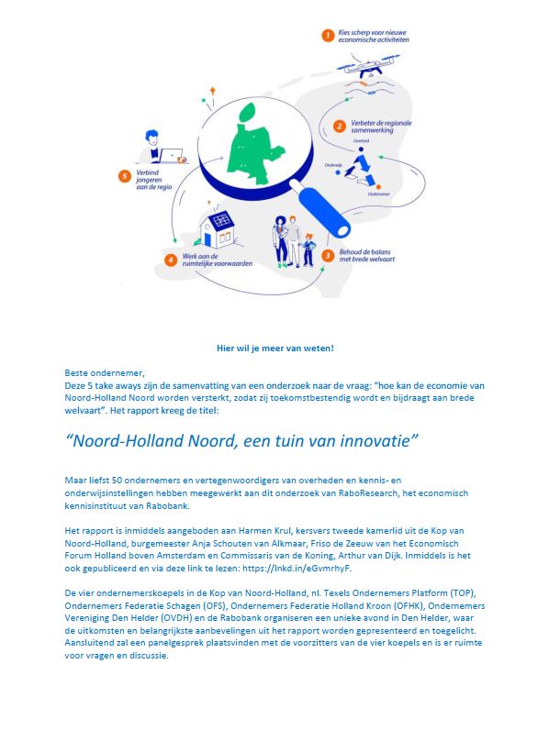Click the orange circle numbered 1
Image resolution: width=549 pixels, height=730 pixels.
pos(326,36)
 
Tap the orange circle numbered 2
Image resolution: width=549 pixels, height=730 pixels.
pos(339,126)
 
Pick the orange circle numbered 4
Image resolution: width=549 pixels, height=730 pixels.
pos(170,260)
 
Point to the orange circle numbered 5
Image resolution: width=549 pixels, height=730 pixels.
pos(125,175)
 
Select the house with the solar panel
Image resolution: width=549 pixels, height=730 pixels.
pos(218,230)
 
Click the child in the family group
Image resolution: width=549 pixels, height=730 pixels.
pos(308,249)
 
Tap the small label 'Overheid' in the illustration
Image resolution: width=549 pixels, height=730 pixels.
pos(361,140)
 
